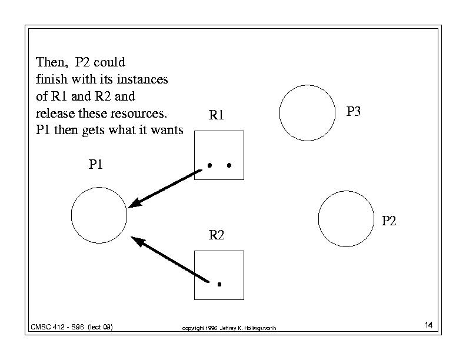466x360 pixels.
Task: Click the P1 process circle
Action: (x=71, y=215)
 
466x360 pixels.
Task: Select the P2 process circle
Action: (x=318, y=219)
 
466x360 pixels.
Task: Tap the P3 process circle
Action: (x=279, y=113)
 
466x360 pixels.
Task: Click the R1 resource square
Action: (x=195, y=155)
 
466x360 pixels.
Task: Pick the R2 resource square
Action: (x=195, y=275)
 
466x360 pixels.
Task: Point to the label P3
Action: (x=354, y=111)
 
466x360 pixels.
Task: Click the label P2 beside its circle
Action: (x=389, y=221)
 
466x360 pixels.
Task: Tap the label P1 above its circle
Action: (x=96, y=164)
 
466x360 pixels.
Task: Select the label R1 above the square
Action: (x=216, y=115)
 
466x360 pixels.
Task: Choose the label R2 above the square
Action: (x=217, y=235)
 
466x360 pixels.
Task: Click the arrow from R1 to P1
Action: (x=165, y=189)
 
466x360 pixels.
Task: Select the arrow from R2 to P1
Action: (x=169, y=259)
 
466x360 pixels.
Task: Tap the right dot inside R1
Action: (x=229, y=165)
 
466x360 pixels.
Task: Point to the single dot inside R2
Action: (x=219, y=284)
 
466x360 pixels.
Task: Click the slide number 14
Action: (x=428, y=325)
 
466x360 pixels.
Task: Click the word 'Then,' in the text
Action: (x=52, y=62)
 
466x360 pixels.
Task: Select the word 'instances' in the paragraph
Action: (x=142, y=79)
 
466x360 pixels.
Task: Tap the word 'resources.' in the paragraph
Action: (x=139, y=114)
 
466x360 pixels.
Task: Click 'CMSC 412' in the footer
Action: (x=48, y=327)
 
